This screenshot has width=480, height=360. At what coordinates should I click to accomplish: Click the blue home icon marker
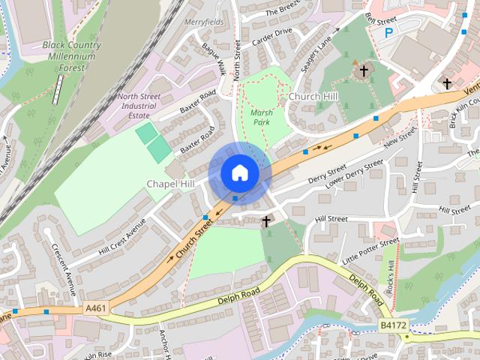click(239, 172)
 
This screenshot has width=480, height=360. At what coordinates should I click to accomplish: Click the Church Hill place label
click(313, 97)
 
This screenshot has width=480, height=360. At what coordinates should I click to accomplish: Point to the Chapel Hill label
click(170, 184)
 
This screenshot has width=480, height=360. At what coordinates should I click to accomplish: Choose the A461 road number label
click(96, 307)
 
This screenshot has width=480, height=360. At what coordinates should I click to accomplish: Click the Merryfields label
click(204, 22)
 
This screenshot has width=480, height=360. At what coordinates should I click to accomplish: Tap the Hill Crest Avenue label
click(121, 237)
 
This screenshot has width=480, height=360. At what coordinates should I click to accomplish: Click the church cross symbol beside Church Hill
click(364, 71)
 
